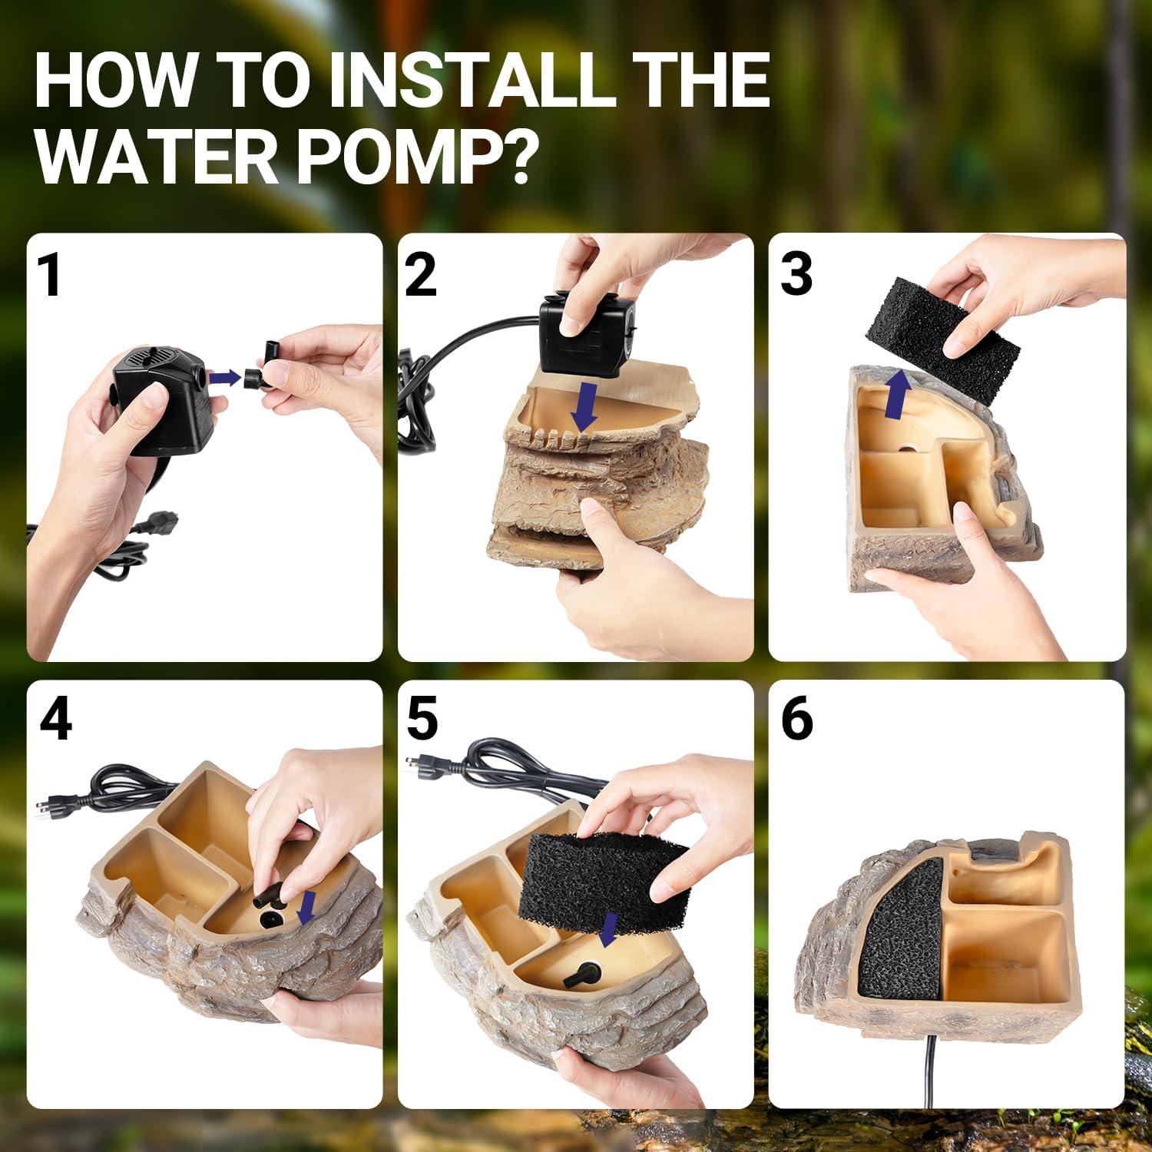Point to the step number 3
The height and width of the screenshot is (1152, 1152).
click(x=796, y=274)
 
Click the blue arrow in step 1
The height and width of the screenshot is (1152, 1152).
click(x=223, y=376)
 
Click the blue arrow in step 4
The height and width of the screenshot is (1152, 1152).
click(x=308, y=907)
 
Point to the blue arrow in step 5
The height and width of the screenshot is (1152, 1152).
click(x=609, y=930)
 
